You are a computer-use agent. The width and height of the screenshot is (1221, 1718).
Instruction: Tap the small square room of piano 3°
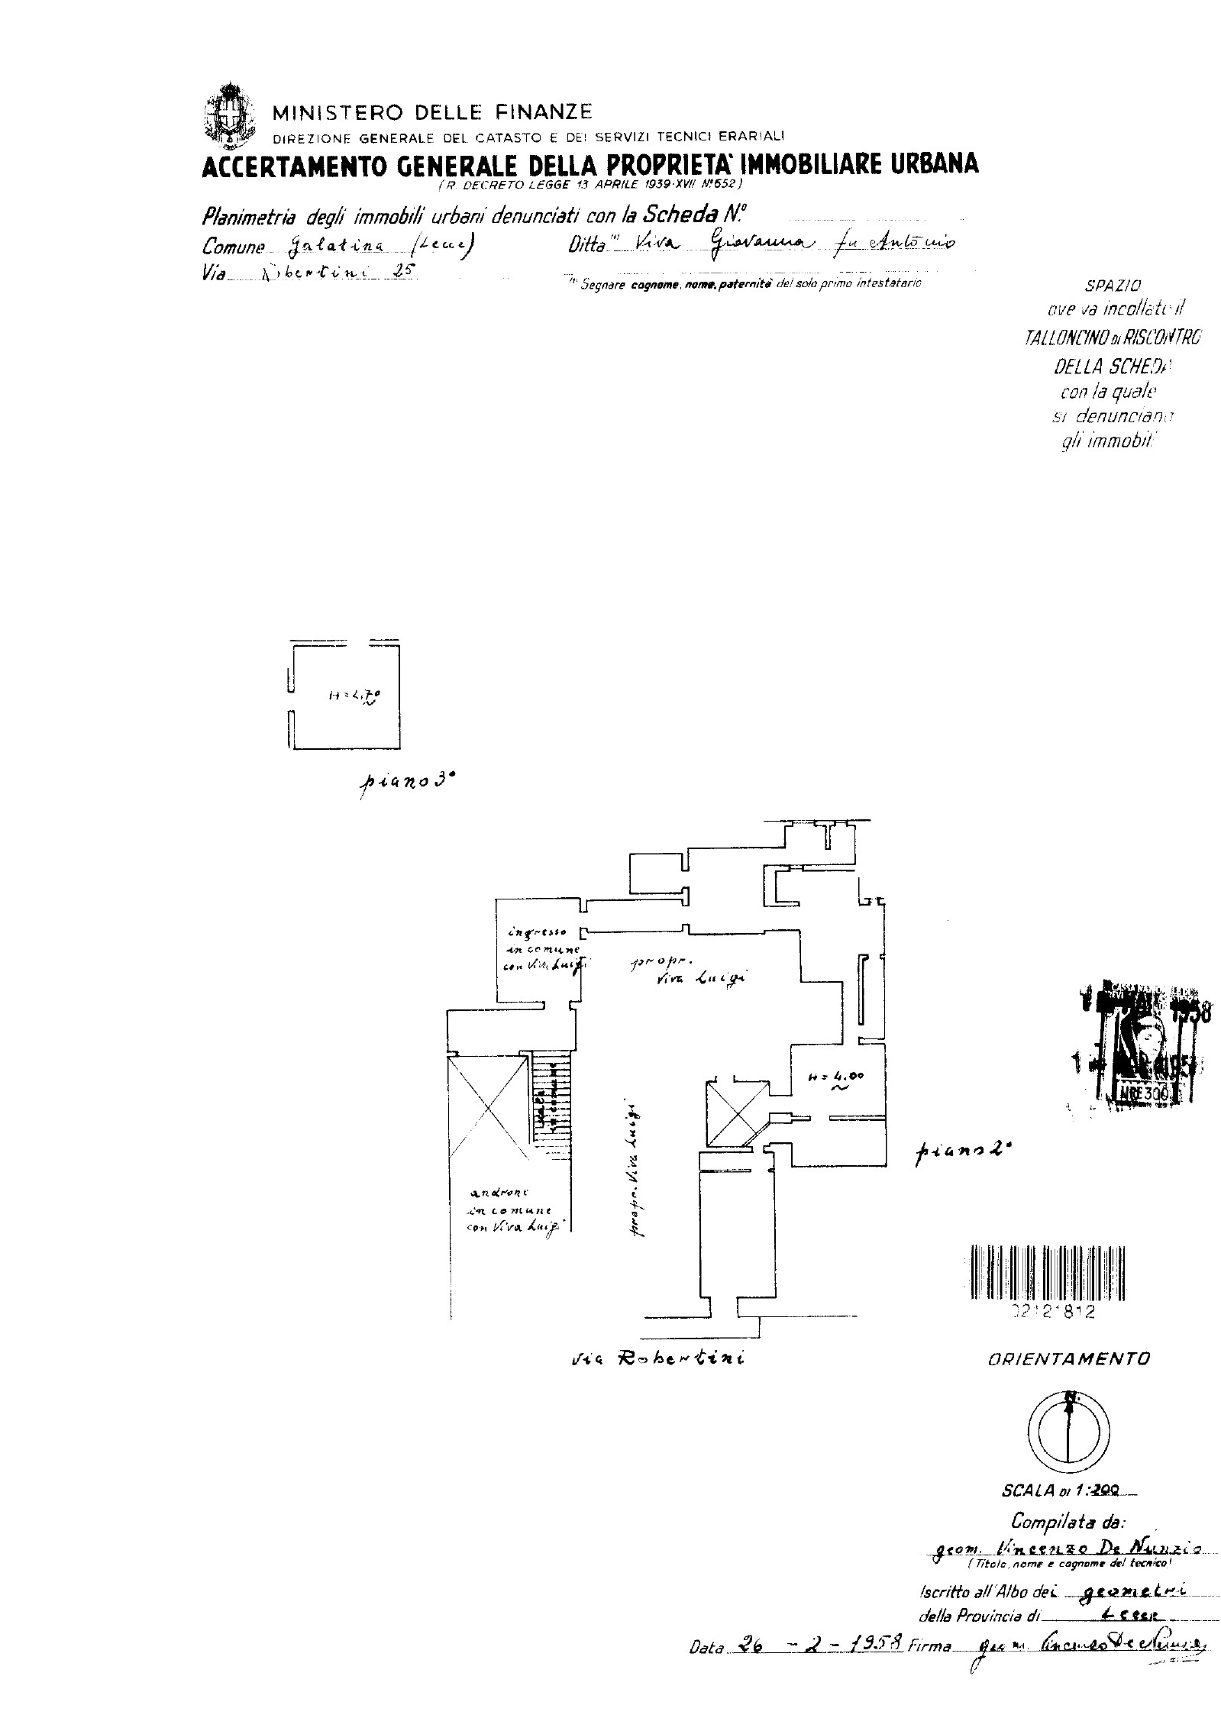tap(345, 695)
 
